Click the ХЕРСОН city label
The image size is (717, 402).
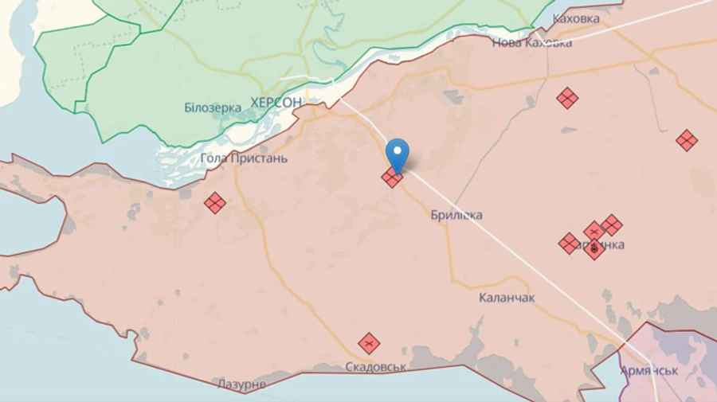276,103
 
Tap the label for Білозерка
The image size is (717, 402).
213,107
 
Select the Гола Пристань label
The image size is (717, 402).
244,158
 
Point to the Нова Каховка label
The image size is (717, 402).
532,43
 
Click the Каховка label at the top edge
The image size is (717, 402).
577,18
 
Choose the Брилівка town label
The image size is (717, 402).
456,215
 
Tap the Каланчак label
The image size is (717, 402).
507,298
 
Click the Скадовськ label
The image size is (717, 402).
376,367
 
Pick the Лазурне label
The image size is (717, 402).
241,384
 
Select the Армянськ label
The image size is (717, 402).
649,371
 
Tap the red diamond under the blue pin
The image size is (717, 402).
392,178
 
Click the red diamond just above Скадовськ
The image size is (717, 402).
368,343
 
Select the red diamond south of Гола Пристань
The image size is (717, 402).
214,203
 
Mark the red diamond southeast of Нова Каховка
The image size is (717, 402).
567,99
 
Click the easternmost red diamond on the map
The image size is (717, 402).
686,141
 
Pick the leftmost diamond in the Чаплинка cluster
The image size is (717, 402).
569,243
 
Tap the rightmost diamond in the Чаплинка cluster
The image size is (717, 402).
611,224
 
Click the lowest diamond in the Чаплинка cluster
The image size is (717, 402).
594,250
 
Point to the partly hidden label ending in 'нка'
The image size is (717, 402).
609,244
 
